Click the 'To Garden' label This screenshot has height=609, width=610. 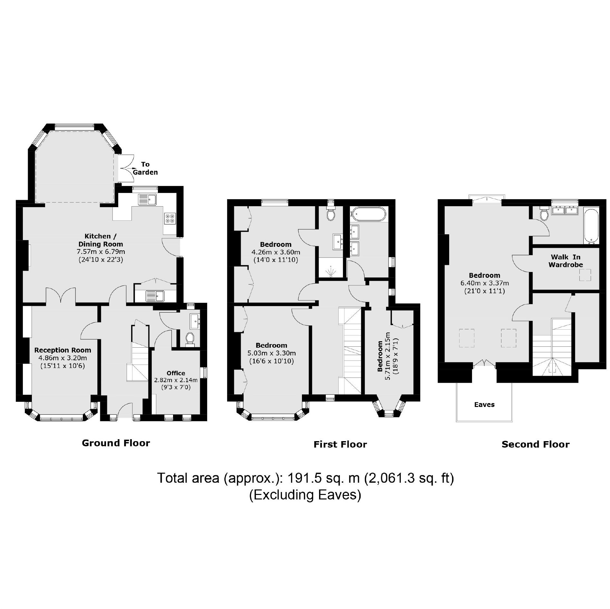(x=145, y=168)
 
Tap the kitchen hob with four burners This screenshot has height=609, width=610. (x=170, y=219)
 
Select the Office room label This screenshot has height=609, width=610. (x=176, y=373)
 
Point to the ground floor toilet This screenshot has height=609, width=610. (x=190, y=338)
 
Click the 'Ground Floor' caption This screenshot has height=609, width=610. (x=116, y=443)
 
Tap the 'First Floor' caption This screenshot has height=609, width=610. (x=340, y=445)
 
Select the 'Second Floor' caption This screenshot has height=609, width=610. (x=535, y=445)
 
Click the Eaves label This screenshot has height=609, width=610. (x=484, y=405)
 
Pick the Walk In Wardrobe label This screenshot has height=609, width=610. (x=566, y=261)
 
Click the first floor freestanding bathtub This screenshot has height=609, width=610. (x=368, y=215)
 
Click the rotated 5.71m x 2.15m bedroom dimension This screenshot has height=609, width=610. (x=388, y=356)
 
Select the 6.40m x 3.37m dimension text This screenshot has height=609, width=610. (x=484, y=283)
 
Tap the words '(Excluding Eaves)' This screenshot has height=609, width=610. (x=305, y=495)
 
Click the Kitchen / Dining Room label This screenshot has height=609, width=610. (x=101, y=240)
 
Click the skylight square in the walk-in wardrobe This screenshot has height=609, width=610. (x=585, y=275)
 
